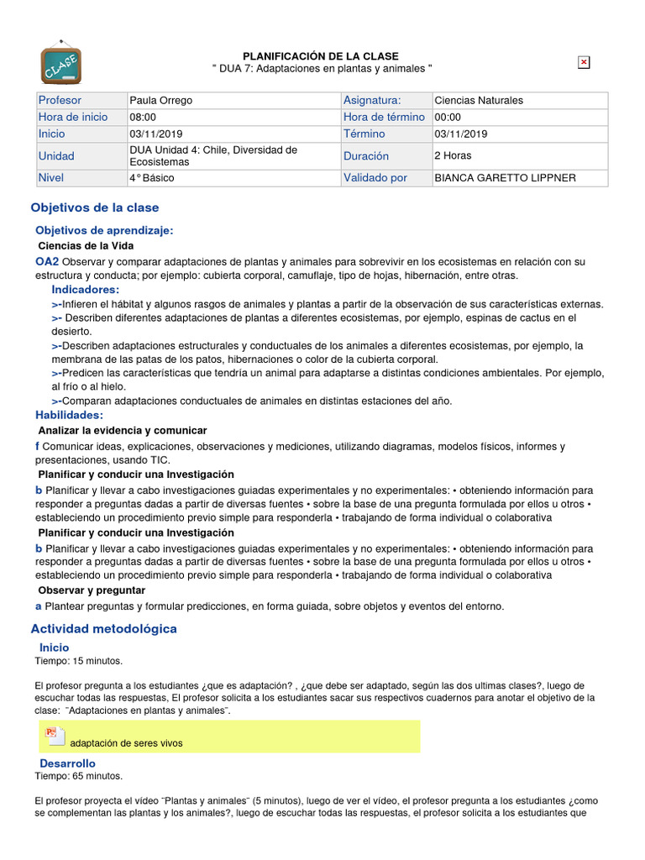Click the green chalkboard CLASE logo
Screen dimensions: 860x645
(61, 63)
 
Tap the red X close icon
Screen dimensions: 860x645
(584, 62)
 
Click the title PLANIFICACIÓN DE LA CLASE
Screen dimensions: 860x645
(321, 56)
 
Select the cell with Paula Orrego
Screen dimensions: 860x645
(161, 101)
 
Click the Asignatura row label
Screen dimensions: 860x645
(372, 101)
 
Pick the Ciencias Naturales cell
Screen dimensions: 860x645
(479, 101)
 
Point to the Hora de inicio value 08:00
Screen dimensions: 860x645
(143, 118)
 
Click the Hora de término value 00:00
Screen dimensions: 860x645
(448, 118)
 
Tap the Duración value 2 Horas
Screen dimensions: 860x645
(453, 155)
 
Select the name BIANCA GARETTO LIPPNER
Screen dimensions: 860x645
(506, 178)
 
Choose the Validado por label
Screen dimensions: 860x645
(375, 178)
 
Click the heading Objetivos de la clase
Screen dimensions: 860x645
(95, 207)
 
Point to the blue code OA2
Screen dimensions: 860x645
(47, 262)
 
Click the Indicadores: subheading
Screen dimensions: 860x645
(86, 290)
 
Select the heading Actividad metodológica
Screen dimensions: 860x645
(104, 628)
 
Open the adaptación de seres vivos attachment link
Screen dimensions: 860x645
(126, 743)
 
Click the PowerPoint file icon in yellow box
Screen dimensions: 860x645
(52, 735)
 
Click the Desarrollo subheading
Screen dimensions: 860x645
(68, 763)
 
